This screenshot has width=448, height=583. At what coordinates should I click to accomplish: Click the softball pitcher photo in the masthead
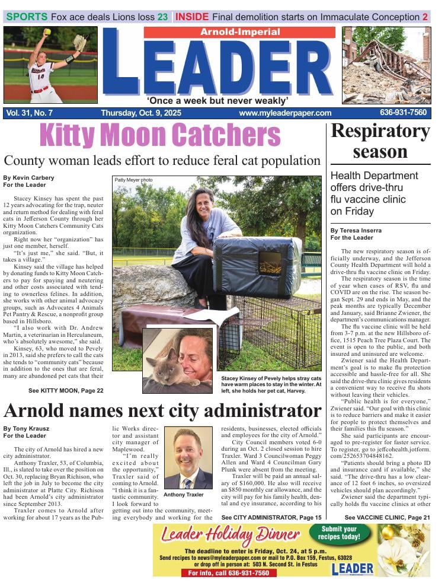point(50,65)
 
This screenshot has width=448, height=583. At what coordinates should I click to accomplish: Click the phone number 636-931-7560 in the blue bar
point(403,113)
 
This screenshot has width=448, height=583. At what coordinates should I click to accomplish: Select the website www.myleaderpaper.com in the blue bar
point(286,113)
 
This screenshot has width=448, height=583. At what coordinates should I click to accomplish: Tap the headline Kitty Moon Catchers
point(160,136)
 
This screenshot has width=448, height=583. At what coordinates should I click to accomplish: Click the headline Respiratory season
point(380,141)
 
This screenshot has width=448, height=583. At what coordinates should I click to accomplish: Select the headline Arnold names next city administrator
point(162,410)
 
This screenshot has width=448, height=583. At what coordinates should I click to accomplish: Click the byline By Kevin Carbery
point(28,177)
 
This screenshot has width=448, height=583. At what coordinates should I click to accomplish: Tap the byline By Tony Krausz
point(26,428)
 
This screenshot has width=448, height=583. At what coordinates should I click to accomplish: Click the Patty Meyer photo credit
point(133,180)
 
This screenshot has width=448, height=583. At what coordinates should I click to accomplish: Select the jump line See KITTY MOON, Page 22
point(66,390)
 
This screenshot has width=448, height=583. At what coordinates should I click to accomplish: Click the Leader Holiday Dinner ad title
point(229,535)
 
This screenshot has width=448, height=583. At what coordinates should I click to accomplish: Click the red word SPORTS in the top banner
point(27,17)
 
